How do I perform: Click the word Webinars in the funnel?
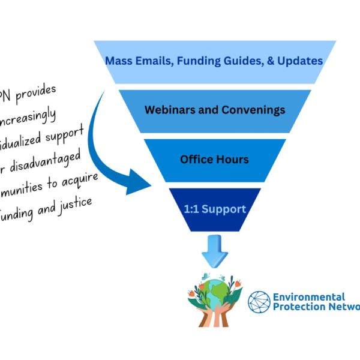coord(167,110)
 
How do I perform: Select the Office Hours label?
coord(214,160)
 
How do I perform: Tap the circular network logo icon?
coord(259,302)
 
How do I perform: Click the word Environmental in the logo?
coord(308,297)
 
